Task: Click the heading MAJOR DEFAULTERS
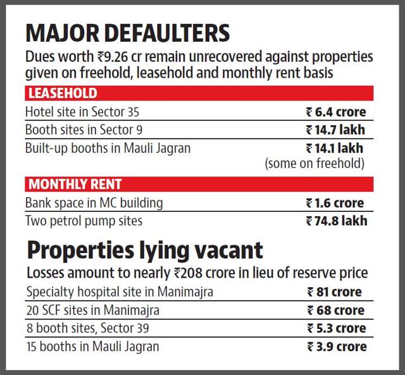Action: click(x=128, y=33)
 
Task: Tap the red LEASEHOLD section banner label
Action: click(x=63, y=93)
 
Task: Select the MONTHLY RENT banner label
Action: click(x=75, y=184)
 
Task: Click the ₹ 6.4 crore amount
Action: click(x=336, y=113)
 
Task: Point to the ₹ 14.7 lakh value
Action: click(x=335, y=130)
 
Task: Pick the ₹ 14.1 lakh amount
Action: click(x=335, y=149)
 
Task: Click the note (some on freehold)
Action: click(x=315, y=163)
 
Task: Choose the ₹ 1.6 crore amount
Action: click(x=335, y=203)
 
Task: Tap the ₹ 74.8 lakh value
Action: click(x=336, y=221)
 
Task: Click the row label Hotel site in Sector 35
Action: click(x=82, y=112)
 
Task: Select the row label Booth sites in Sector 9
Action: click(x=84, y=130)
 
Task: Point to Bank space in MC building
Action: click(x=94, y=204)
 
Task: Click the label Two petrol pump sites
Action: click(x=84, y=221)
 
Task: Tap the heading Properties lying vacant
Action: click(x=145, y=251)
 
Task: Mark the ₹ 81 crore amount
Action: click(x=334, y=292)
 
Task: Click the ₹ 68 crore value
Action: click(x=336, y=310)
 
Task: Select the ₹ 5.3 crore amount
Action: click(x=336, y=328)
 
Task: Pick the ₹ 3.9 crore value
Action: click(x=337, y=347)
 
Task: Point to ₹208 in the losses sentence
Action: click(x=188, y=273)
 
